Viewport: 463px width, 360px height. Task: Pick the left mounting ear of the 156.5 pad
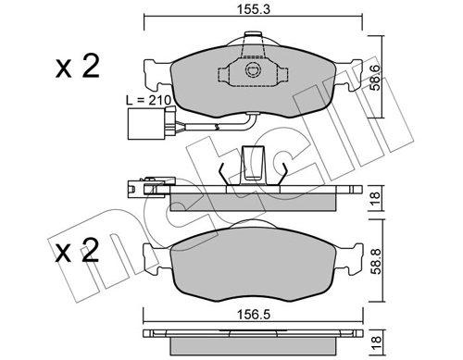[x=151, y=258]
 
